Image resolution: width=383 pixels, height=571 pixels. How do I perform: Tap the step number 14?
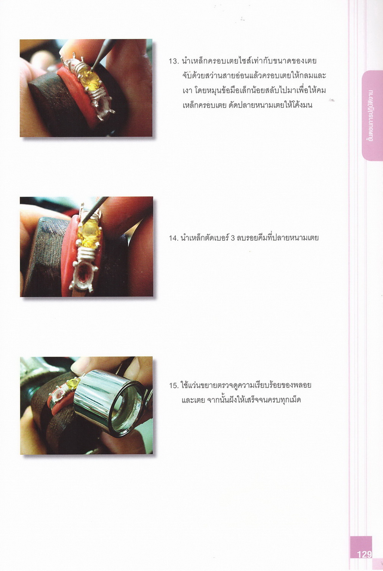174,238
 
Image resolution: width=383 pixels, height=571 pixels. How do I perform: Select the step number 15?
174,386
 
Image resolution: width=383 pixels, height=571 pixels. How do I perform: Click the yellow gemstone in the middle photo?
89,233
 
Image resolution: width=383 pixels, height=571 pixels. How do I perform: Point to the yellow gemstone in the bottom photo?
73,384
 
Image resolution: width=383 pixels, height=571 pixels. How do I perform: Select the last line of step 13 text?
248,105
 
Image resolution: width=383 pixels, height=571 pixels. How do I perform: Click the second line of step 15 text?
241,400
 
